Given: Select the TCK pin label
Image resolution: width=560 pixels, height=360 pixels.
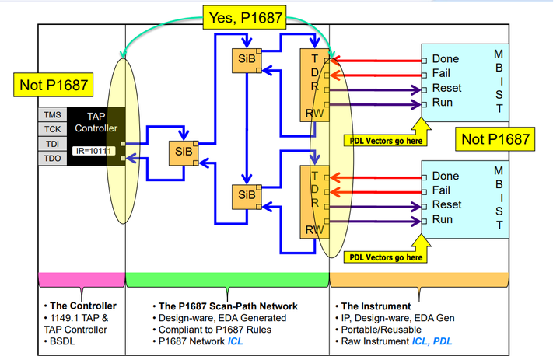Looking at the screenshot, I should tap(53, 128).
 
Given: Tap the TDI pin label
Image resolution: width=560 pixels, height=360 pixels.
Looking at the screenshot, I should tap(53, 144).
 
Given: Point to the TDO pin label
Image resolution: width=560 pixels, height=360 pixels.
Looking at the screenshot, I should tap(53, 159).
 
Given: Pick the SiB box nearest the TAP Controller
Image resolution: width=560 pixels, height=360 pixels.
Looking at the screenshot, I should tap(183, 152).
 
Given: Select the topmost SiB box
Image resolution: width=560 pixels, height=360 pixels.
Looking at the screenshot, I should tap(246, 61).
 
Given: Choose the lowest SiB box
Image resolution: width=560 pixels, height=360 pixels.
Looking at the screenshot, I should tap(246, 194).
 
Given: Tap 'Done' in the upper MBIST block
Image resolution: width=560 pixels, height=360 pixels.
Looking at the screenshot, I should tap(446, 59).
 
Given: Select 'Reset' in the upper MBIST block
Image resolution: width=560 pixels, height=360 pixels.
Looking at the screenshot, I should tap(447, 88).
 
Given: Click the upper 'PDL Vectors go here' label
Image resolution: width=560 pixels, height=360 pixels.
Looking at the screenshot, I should tap(386, 141).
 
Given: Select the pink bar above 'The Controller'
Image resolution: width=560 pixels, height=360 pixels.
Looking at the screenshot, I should tap(81, 278).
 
